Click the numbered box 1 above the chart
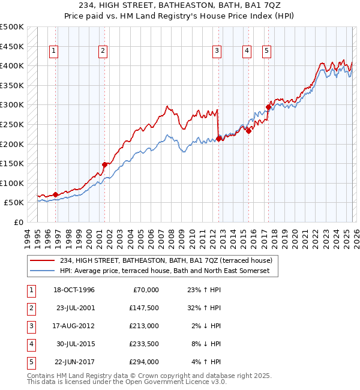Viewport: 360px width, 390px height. point(54,52)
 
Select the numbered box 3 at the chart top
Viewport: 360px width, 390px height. point(216,52)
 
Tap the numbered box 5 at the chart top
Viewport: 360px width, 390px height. point(266,52)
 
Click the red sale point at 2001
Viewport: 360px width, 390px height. point(104,164)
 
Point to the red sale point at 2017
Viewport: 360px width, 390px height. point(268,107)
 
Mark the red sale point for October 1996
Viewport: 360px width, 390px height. point(56,194)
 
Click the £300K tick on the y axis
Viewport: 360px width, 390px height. point(12,105)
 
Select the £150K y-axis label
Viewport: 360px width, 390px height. point(12,164)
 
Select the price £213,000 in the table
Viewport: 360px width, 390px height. point(144,326)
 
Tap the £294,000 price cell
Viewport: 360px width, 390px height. point(144,362)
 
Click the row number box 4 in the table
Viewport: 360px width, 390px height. point(31,344)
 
